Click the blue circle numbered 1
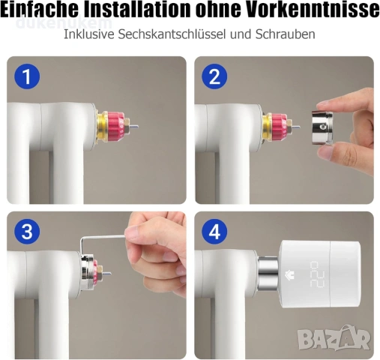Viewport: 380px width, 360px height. click(27, 76)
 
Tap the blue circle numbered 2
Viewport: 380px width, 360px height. click(214, 76)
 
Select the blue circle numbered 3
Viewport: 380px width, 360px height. click(27, 232)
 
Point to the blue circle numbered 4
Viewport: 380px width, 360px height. click(214, 232)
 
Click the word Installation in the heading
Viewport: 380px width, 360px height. click(137, 10)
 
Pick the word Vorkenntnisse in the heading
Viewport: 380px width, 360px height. click(313, 10)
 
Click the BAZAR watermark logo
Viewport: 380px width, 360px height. click(334, 338)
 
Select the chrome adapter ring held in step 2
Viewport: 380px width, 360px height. click(322, 127)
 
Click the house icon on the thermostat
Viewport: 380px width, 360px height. click(289, 275)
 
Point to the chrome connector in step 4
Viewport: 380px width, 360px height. click(268, 274)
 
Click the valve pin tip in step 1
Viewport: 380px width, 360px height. click(137, 127)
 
